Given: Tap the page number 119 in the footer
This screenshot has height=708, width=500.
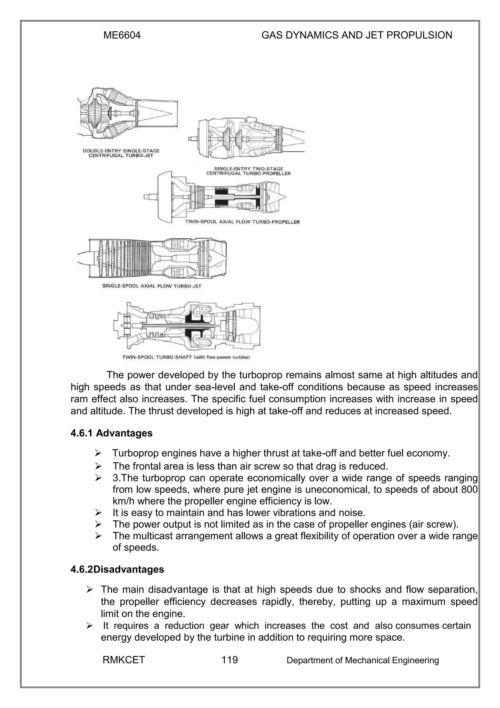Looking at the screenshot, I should [x=229, y=660].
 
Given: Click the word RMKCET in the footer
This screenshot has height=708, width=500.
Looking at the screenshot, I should [x=124, y=660].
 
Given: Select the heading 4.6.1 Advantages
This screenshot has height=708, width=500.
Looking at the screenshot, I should [x=112, y=433].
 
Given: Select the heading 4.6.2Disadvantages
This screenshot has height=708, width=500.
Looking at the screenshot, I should [x=117, y=569].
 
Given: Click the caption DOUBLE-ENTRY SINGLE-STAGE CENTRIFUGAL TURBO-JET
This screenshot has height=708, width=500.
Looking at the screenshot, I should [x=121, y=153].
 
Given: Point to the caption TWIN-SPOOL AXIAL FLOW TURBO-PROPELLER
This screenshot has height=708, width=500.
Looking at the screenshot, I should [x=242, y=222].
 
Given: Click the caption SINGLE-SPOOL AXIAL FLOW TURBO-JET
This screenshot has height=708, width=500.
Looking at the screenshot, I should [x=152, y=286].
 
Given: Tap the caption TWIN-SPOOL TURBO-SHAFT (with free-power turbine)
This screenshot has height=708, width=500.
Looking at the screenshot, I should [x=186, y=358].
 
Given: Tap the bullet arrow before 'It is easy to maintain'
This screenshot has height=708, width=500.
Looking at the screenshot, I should [x=98, y=513].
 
